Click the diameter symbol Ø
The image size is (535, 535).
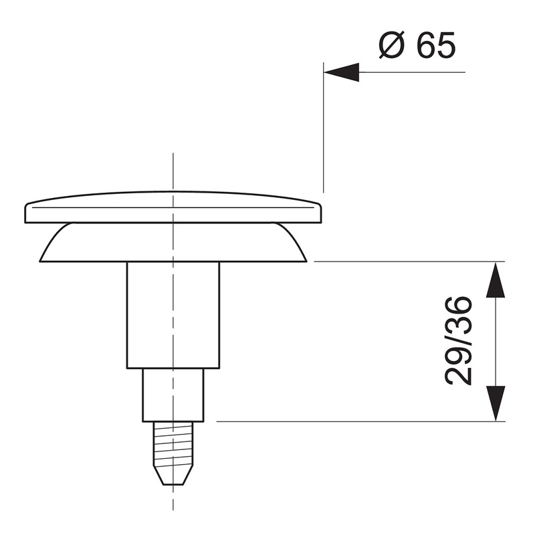point(390,45)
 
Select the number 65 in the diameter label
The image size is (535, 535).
point(435,45)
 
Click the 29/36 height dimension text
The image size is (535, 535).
point(459,341)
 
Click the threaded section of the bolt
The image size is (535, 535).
point(173,445)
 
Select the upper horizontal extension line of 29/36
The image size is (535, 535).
point(401,261)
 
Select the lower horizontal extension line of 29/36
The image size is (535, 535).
point(348,421)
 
